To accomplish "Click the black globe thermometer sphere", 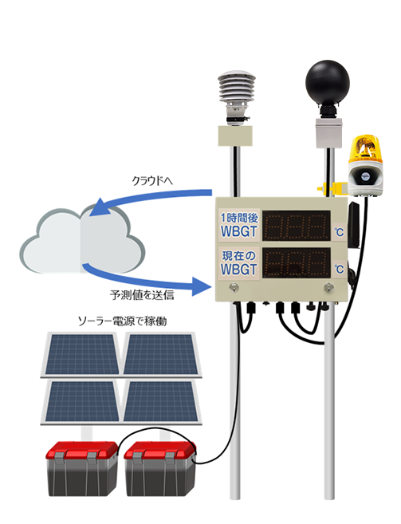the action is click(x=328, y=82).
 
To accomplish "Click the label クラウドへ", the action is click(x=152, y=181).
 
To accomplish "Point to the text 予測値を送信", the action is click(x=142, y=295).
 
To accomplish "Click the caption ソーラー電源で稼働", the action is click(x=122, y=321).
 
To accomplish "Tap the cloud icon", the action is click(x=82, y=241).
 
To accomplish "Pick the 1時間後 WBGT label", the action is click(x=239, y=225).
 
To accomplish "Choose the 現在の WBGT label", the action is click(x=239, y=262).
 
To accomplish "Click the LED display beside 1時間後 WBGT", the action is click(x=297, y=226).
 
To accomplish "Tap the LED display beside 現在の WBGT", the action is click(x=297, y=263).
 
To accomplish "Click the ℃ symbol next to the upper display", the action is click(x=339, y=231).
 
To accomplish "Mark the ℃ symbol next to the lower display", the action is click(x=339, y=269).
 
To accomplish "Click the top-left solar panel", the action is click(x=81, y=354).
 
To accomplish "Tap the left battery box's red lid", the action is click(x=82, y=450).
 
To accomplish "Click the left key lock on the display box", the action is click(x=234, y=287).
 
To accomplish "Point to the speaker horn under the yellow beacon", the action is click(x=364, y=176).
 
